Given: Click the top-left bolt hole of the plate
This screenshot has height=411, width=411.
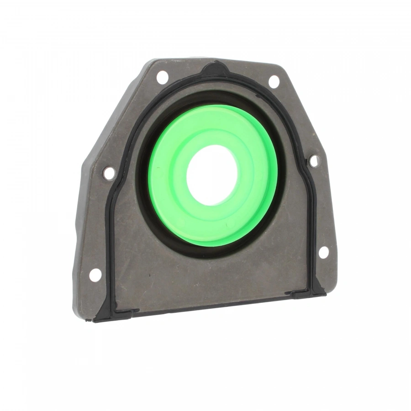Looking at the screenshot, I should coord(162,77).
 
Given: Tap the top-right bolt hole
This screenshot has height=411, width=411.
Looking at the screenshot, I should coord(274,81).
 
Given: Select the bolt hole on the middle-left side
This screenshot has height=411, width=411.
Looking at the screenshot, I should coord(109,173).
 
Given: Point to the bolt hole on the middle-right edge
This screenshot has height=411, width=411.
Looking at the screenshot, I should coord(314,160).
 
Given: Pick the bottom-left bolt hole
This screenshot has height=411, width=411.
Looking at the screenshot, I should coord(95,275).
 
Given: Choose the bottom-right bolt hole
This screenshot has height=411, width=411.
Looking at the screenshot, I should coord(323,252).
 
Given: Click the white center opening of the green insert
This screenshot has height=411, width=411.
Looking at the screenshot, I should coord(211,174).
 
